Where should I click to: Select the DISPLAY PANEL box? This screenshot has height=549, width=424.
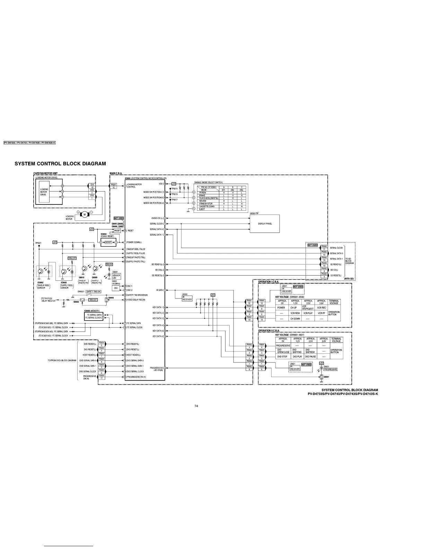(x=265, y=224)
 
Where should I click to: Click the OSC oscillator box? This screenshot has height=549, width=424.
(x=116, y=288)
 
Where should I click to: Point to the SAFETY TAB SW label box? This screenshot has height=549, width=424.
(x=93, y=291)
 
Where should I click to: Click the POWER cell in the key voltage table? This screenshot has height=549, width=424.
(x=281, y=308)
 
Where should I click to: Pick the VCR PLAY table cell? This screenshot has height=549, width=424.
(x=308, y=313)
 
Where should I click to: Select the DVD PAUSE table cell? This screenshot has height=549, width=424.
(x=310, y=357)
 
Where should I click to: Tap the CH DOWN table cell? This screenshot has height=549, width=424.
(x=295, y=319)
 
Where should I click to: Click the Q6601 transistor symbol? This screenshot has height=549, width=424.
(x=321, y=377)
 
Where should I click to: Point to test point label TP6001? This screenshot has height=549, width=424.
(x=38, y=243)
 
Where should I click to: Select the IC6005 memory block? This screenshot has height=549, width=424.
(x=93, y=316)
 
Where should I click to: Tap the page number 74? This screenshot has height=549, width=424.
(x=196, y=406)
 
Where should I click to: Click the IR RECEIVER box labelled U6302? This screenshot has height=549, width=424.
(x=187, y=298)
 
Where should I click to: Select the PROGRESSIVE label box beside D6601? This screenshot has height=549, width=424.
(x=330, y=369)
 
